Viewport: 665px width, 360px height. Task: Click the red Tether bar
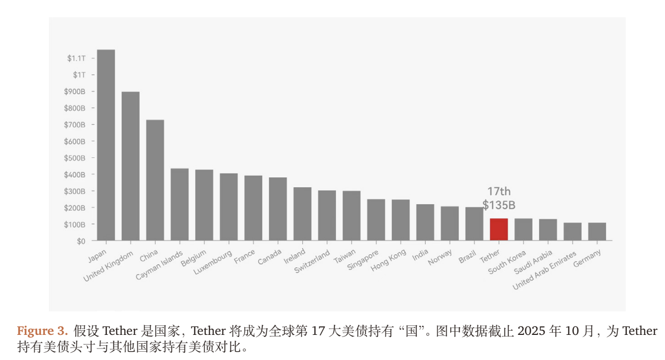pyautogui.click(x=498, y=229)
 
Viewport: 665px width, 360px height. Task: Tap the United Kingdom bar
pyautogui.click(x=130, y=166)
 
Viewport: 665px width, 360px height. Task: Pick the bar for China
pyautogui.click(x=155, y=180)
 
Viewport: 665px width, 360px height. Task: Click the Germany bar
pyautogui.click(x=597, y=232)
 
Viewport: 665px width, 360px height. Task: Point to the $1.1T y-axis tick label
pyautogui.click(x=76, y=58)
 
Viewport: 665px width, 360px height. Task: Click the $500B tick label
pyautogui.click(x=74, y=158)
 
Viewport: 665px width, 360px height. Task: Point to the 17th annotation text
pyautogui.click(x=498, y=192)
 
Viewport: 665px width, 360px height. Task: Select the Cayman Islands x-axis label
pyautogui.click(x=159, y=265)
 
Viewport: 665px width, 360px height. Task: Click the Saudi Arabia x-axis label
pyautogui.click(x=533, y=262)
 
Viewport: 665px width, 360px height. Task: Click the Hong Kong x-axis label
pyautogui.click(x=389, y=261)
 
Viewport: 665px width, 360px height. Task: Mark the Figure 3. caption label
pyautogui.click(x=42, y=331)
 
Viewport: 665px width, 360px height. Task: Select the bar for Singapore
pyautogui.click(x=376, y=220)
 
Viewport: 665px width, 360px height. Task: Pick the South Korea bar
pyautogui.click(x=523, y=229)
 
